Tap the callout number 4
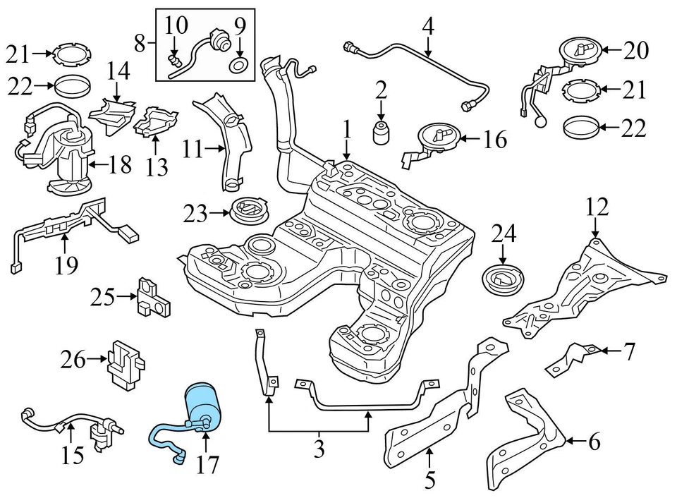[x=428, y=27]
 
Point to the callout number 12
[x=596, y=208]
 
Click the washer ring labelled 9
[x=240, y=66]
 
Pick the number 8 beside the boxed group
[x=140, y=44]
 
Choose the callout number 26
[x=73, y=360]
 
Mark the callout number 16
[x=494, y=140]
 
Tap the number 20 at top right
[x=635, y=50]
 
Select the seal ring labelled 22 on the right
[x=583, y=129]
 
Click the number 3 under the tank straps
[x=319, y=447]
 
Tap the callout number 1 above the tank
[x=346, y=129]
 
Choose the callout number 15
[x=73, y=456]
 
